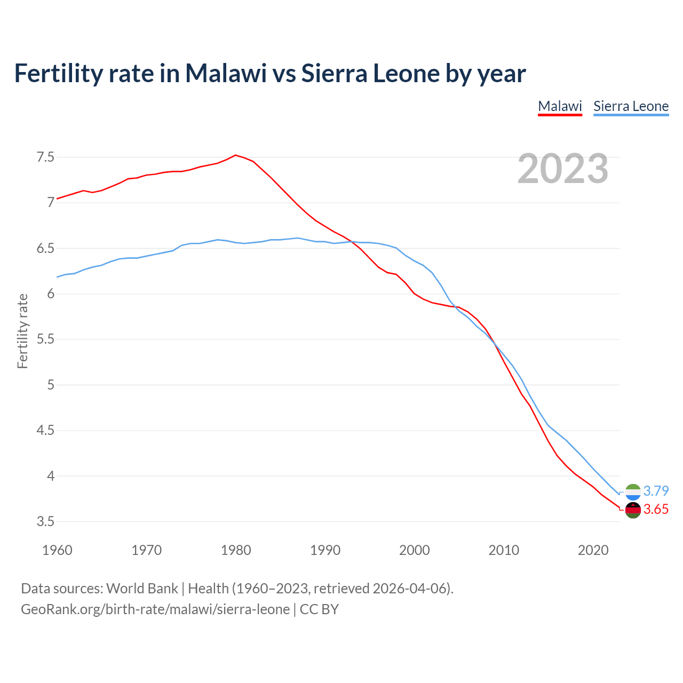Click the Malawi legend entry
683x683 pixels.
coord(560,106)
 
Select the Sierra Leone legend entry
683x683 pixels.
coord(631,106)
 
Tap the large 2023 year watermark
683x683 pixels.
coord(563,169)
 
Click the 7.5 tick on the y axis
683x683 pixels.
coord(45,157)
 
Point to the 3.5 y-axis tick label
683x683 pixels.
coord(45,521)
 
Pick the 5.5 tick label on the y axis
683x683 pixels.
coord(45,339)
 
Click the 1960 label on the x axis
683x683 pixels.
coord(57,550)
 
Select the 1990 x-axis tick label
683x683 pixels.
coord(325,550)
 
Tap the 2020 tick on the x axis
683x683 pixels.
coord(593,550)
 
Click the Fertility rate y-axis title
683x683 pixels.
coord(22,331)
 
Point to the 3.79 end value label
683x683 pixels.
coord(656,491)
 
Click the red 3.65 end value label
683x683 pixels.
coord(656,510)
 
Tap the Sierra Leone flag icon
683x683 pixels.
coord(633,492)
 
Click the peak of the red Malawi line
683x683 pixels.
coord(236,155)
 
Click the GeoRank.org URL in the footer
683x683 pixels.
coord(155,609)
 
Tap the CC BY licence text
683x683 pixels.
coord(319,609)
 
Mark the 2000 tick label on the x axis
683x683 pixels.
coord(414,550)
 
